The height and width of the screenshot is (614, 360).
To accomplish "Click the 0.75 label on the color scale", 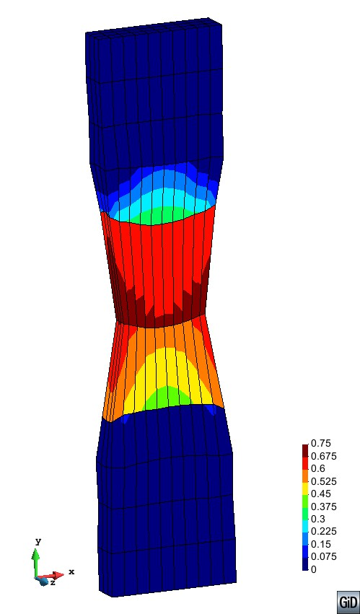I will [x=320, y=443].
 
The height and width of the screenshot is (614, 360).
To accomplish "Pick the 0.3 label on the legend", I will [x=317, y=519].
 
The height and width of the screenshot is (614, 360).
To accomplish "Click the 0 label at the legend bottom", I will [x=313, y=569].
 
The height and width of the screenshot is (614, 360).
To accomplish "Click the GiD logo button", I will [x=348, y=602].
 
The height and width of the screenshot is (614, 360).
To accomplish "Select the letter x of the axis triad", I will [x=71, y=572].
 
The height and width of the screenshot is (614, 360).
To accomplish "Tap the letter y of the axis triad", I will [x=38, y=540].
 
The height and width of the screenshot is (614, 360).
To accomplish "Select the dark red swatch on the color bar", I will [x=305, y=449].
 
